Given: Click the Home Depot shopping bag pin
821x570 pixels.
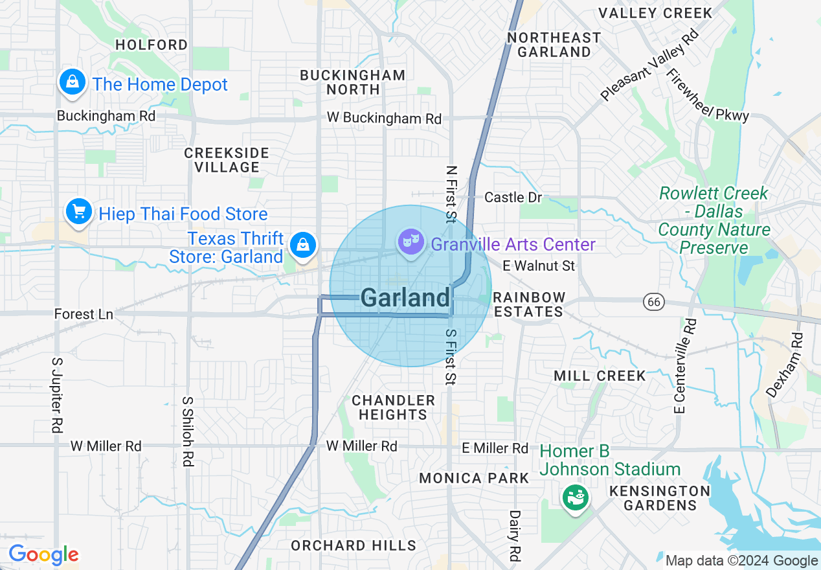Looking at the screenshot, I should [x=73, y=83].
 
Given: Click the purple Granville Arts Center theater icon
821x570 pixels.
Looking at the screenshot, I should [x=410, y=243].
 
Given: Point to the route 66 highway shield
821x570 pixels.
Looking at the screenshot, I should [x=653, y=301].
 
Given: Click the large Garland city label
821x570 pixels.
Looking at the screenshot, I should [x=405, y=298].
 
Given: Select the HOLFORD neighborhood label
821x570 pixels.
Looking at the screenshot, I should [x=152, y=45].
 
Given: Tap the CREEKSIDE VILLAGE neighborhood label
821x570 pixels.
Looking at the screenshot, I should [x=227, y=160].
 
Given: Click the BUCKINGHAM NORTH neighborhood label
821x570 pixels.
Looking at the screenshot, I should [x=353, y=82].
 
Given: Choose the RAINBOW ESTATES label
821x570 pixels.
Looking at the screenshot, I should [x=529, y=304].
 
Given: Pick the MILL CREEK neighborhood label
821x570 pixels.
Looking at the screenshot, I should [x=600, y=376].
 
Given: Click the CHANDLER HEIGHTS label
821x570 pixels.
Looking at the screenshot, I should [x=394, y=407].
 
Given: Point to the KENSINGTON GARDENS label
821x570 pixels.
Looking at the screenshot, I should [x=659, y=498].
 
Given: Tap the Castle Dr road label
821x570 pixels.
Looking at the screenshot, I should [x=513, y=197].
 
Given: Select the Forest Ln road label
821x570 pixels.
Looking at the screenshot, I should [x=84, y=314].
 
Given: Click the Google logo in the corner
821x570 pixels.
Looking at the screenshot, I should [x=43, y=555].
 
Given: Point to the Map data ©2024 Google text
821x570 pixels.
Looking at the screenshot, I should [x=742, y=561].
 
